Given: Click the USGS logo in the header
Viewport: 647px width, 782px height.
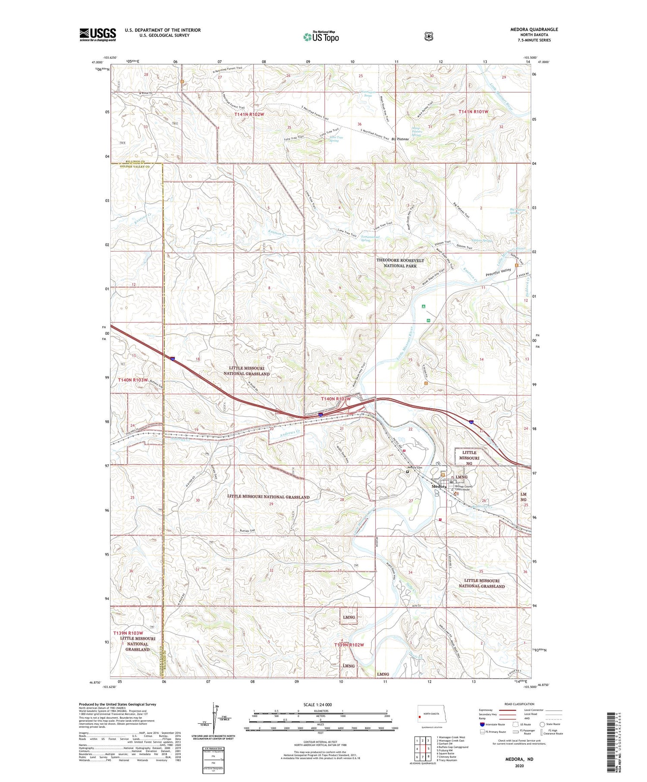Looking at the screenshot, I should coord(98,35).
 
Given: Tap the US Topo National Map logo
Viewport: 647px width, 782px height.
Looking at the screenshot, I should coord(321,37).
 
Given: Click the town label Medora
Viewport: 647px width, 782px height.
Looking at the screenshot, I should coord(439,486).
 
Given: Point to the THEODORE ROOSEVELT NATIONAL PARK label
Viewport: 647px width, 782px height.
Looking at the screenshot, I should coord(400,263).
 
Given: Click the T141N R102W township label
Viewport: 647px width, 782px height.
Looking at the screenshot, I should coord(249,114).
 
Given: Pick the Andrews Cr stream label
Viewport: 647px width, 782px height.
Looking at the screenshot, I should coord(289,432).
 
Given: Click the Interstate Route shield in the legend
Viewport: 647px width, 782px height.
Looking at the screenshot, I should coord(482,724).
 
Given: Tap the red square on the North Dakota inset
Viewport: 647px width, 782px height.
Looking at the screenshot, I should coord(419,718).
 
